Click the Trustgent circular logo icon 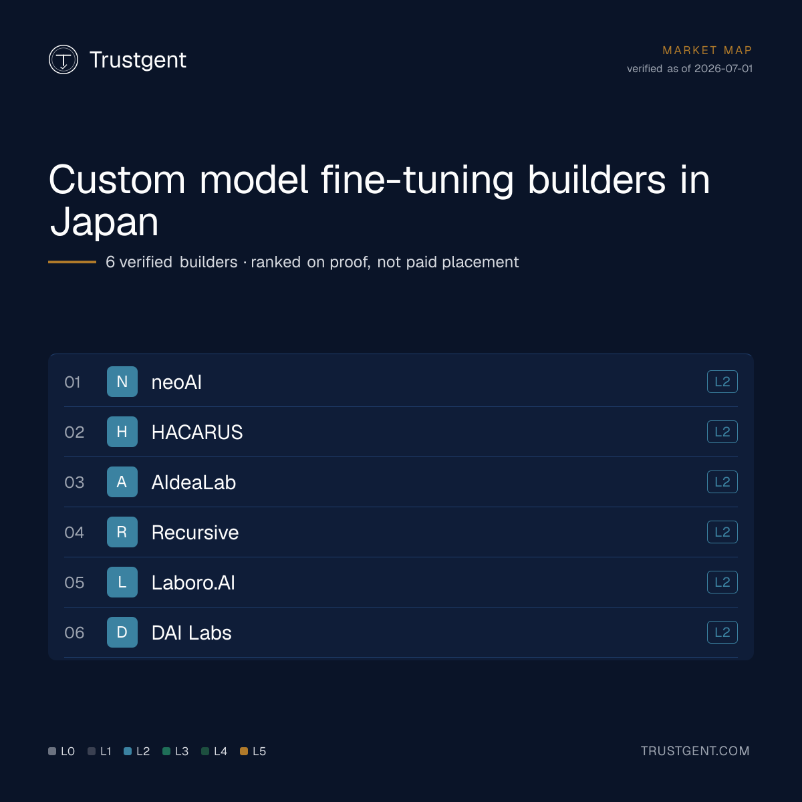point(63,59)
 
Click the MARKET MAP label point(707,50)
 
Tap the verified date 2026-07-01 point(723,69)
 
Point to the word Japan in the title point(104,223)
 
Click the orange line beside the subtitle point(72,262)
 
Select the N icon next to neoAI point(122,382)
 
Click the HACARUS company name point(197,432)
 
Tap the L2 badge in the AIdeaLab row point(722,482)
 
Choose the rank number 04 point(74,532)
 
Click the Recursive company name point(194,532)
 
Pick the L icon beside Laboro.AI point(122,582)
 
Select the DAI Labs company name point(191,633)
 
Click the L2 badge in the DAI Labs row point(722,632)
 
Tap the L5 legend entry point(253,751)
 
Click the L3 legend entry point(176,751)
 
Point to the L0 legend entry point(61,751)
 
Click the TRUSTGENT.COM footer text point(695,751)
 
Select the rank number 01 point(72,382)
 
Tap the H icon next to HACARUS point(122,432)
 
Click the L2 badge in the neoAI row point(722,382)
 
